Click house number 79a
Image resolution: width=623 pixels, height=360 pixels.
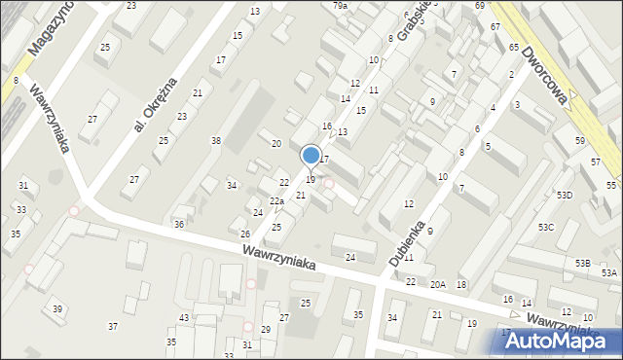click(340, 6)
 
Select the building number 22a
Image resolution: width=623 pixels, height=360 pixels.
click(277, 201)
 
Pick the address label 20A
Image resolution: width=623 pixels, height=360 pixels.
click(438, 284)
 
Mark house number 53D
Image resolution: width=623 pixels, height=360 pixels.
click(565, 196)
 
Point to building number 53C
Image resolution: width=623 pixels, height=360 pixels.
click(546, 227)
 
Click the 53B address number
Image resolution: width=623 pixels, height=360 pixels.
click(582, 264)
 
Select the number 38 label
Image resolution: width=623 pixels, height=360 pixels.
click(216, 141)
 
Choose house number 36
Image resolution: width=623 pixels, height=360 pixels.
click(179, 225)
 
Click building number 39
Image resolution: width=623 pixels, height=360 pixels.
click(58, 308)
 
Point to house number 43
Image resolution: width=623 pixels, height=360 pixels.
click(184, 319)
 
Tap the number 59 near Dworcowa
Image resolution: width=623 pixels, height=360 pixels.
click(580, 141)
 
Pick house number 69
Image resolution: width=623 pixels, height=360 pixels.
click(480, 6)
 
